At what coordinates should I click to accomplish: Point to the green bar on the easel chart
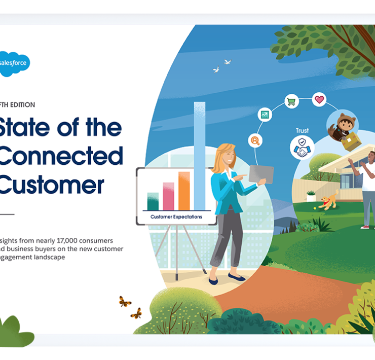[x=153, y=201]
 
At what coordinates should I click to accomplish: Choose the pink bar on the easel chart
[x=168, y=196]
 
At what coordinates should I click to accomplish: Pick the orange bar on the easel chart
[x=184, y=191]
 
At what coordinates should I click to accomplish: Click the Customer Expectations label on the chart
[x=176, y=217]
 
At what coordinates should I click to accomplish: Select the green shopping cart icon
[x=291, y=102]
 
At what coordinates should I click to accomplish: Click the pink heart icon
[x=319, y=99]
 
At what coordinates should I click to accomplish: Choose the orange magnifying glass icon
[x=255, y=140]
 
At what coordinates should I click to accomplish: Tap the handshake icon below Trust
[x=302, y=148]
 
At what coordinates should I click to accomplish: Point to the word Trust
[x=302, y=131]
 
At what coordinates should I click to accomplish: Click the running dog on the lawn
[x=329, y=200]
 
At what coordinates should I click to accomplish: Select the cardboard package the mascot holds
[x=351, y=142]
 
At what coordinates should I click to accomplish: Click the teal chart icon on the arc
[x=265, y=115]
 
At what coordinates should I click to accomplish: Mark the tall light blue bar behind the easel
[x=200, y=152]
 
